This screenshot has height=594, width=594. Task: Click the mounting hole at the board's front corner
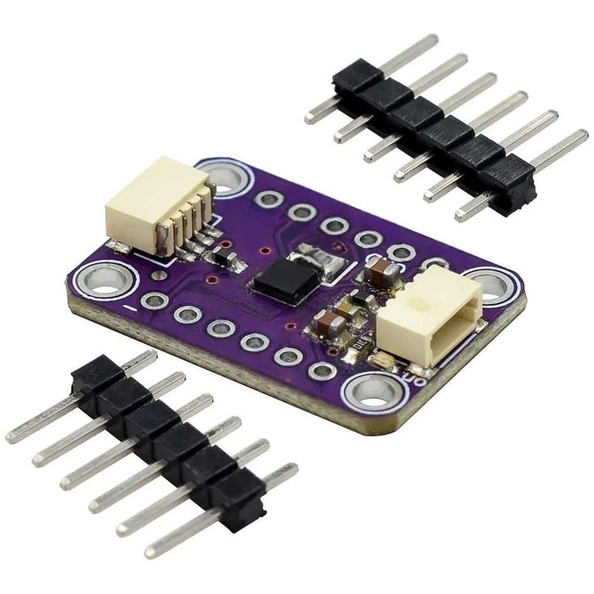(x=369, y=388)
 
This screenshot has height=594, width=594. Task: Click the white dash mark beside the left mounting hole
(x=129, y=305)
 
